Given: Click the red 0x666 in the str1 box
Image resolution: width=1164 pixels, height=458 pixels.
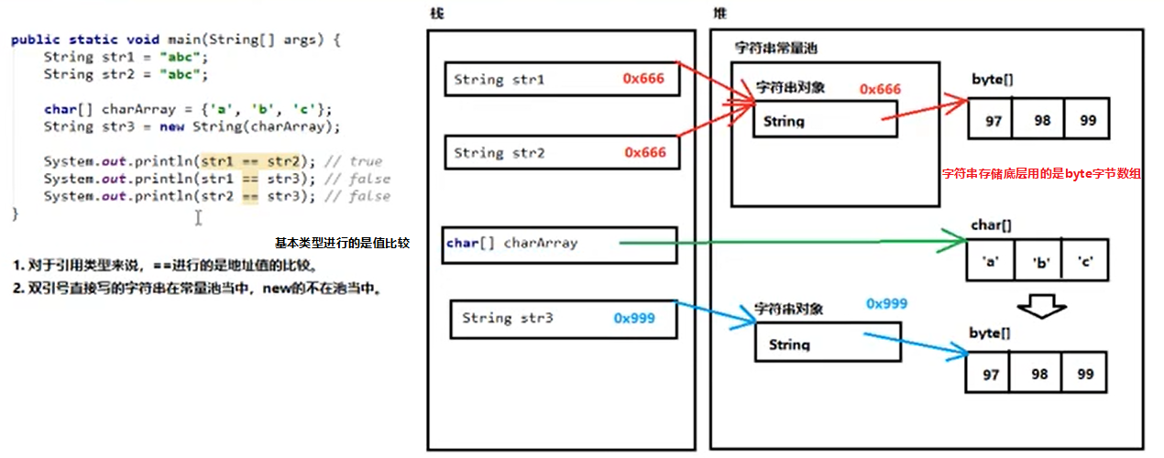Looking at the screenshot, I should [x=644, y=79].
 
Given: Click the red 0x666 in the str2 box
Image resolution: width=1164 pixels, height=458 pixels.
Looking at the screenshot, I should [x=644, y=152].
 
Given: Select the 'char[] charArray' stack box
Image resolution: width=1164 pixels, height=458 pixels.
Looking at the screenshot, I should [x=559, y=244].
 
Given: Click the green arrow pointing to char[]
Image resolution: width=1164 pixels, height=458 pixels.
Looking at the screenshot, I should [x=788, y=243].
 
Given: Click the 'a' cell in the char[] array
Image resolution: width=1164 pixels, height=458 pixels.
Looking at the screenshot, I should [x=990, y=261].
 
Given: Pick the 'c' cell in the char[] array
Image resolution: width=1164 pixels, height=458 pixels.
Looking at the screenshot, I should [x=1087, y=261].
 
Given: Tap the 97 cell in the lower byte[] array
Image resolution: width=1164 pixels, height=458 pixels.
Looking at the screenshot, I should [x=990, y=375].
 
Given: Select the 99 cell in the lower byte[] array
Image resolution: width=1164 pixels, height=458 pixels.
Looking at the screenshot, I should [x=1085, y=375].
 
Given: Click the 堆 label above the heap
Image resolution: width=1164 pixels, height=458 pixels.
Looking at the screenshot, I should [x=720, y=13].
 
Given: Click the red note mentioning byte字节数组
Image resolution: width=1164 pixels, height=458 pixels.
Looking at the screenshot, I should [x=1042, y=172].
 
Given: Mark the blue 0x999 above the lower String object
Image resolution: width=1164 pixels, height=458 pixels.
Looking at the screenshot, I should [x=886, y=302].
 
